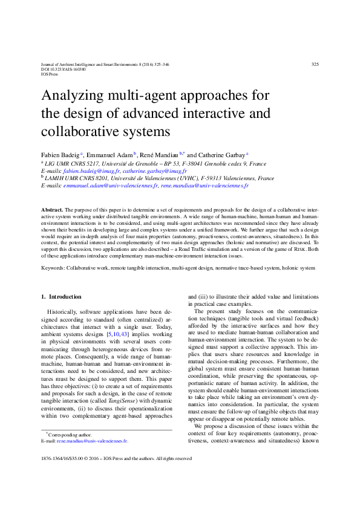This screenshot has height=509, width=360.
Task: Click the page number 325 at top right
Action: coord(315,64)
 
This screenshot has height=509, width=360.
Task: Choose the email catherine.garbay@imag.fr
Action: coord(139,172)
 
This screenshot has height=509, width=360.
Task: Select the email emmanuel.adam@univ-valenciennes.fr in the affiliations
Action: coord(111,186)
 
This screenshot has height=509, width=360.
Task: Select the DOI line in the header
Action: coord(54,69)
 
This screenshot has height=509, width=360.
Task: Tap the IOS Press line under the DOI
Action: coord(49,74)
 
